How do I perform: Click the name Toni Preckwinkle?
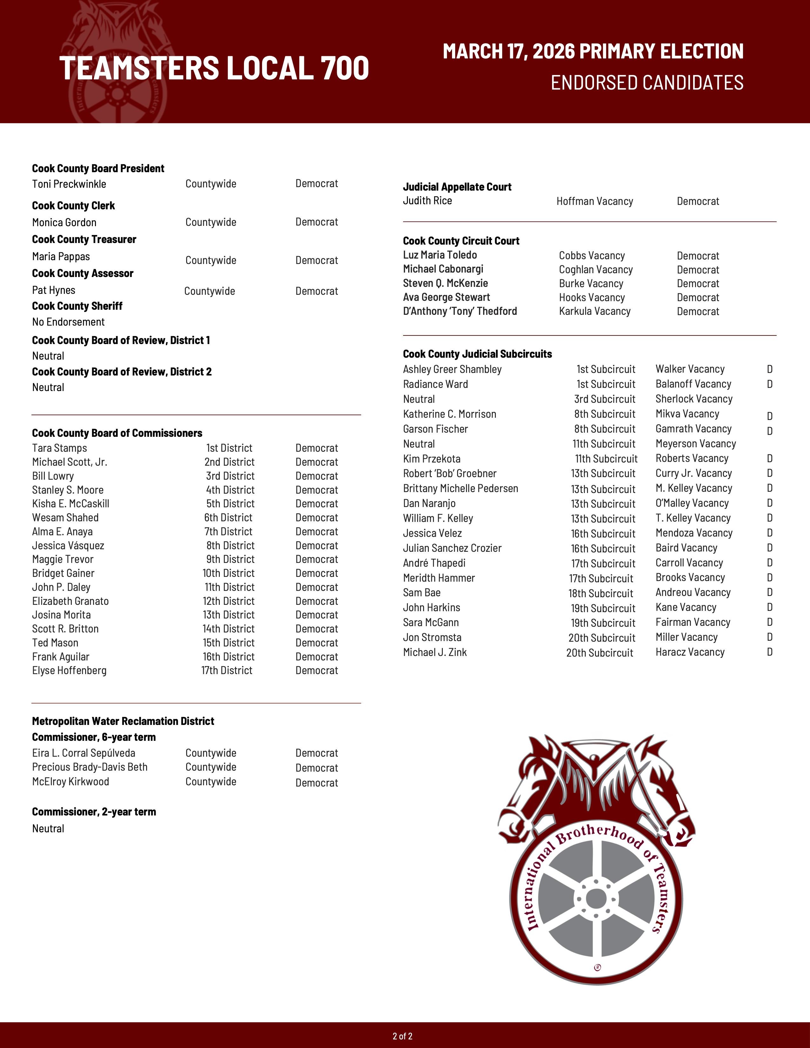(69, 184)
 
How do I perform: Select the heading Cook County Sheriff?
(77, 306)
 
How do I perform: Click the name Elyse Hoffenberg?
(69, 671)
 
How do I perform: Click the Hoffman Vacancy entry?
(595, 201)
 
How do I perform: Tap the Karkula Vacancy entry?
(595, 311)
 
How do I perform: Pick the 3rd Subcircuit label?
(604, 399)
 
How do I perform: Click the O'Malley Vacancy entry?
(692, 504)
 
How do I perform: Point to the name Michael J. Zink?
(435, 652)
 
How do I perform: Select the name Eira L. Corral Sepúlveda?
(84, 754)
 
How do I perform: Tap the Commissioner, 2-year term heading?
(94, 812)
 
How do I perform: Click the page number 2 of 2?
(402, 1036)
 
